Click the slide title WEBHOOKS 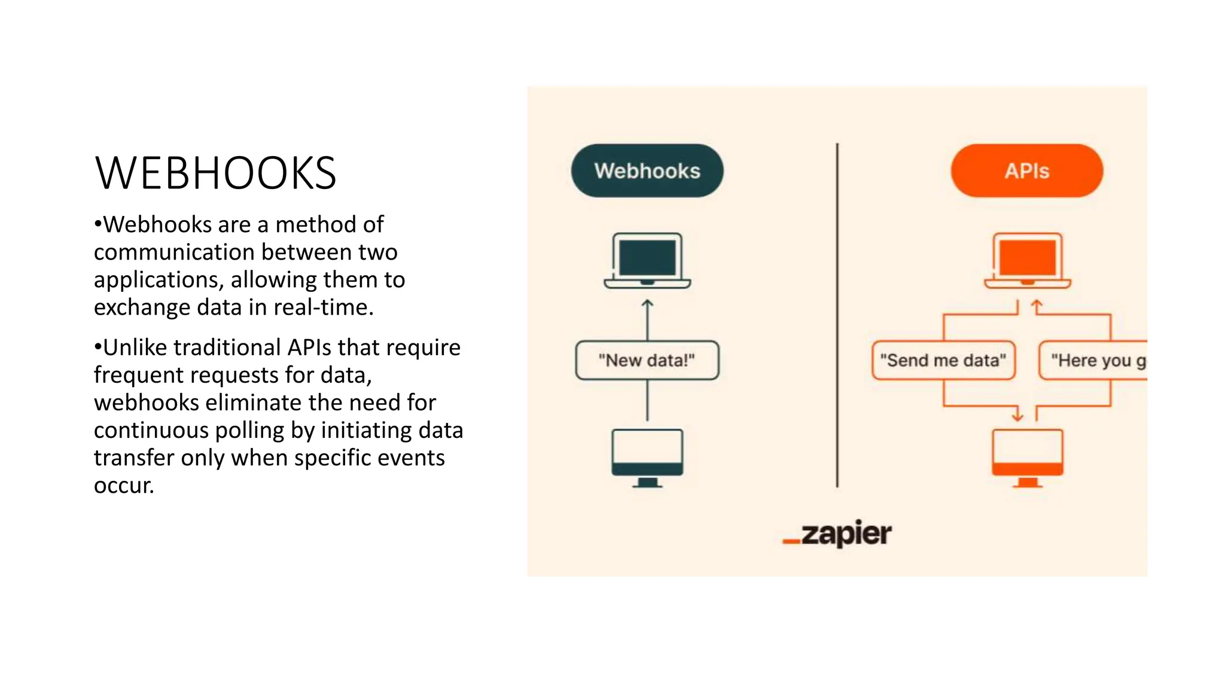tap(215, 173)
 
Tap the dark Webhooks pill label tap(647, 171)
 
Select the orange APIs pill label tap(1026, 171)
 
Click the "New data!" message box tap(647, 360)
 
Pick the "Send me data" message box tap(943, 360)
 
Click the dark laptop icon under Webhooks tap(647, 261)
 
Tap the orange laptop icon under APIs tap(1027, 261)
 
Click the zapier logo tap(837, 533)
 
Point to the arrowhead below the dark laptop tap(647, 303)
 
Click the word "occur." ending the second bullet tap(124, 486)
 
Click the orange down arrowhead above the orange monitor tap(1017, 414)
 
